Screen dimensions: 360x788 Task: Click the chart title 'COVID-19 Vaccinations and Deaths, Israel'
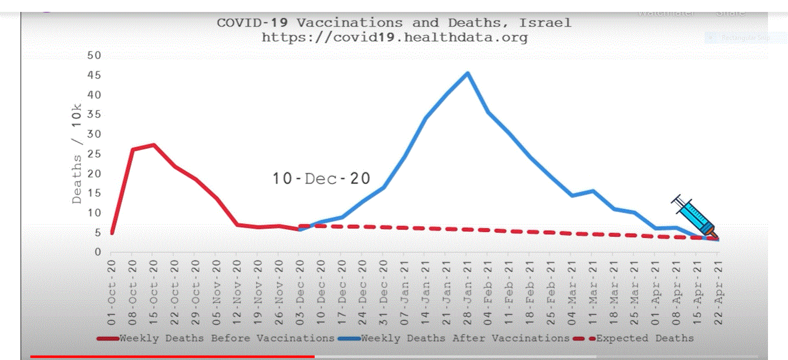click(x=394, y=23)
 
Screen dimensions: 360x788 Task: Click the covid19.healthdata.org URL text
click(x=394, y=38)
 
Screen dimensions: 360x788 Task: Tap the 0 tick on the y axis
click(x=98, y=252)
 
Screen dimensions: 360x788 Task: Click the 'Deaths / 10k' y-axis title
click(x=77, y=153)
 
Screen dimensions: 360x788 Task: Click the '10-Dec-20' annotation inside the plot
click(x=321, y=179)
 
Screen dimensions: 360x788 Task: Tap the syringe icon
click(x=694, y=217)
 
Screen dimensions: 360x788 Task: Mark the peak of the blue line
click(x=467, y=73)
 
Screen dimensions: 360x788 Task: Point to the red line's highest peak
click(x=154, y=145)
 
